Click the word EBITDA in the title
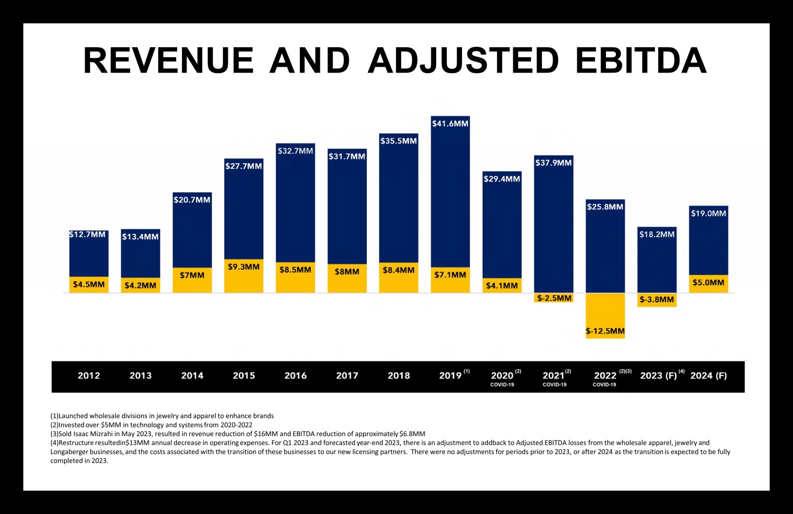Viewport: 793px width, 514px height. pos(641,60)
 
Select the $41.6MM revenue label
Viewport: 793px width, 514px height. pos(450,124)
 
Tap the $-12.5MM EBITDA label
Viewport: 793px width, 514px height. pos(605,331)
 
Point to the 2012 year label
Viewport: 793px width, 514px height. pos(89,376)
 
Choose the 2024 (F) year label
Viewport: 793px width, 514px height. pos(708,376)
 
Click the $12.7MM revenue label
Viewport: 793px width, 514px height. pos(88,235)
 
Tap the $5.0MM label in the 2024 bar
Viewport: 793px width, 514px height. pos(708,283)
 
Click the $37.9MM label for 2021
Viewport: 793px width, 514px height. pos(554,163)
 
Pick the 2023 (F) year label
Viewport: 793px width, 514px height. pos(658,376)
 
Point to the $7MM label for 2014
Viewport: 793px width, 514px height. pos(192,275)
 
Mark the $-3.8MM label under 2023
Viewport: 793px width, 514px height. pos(657,300)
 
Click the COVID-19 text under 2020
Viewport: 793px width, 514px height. pos(502,385)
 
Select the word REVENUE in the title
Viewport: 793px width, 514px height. pos(169,60)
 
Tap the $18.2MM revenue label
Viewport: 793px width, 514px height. pos(657,235)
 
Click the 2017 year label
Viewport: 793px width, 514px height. pos(347,376)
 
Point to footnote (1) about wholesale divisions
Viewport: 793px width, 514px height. pos(162,416)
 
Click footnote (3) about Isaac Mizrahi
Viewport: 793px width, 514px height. pos(238,434)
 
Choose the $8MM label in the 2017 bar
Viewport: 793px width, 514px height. pos(347,272)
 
